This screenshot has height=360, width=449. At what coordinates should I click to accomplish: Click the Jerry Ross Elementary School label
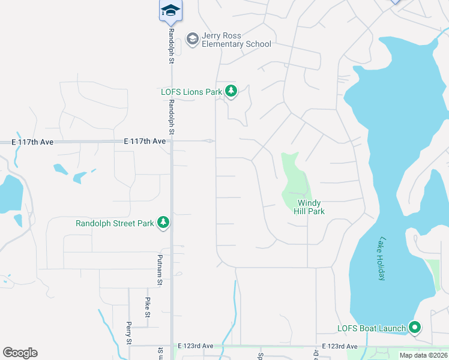click(236, 40)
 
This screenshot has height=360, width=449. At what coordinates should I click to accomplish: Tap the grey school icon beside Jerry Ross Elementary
click(193, 40)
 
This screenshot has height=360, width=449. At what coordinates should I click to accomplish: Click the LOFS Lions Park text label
click(191, 92)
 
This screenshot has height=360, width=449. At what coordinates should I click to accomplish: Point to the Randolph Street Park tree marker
click(163, 223)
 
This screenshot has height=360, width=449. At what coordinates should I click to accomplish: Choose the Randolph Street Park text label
click(115, 223)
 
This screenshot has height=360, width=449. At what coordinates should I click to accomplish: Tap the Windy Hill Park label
click(309, 207)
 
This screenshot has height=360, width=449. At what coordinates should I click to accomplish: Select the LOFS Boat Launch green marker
click(415, 328)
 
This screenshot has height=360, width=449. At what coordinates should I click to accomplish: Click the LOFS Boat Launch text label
click(370, 328)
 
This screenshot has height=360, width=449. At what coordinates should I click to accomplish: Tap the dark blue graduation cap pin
click(170, 10)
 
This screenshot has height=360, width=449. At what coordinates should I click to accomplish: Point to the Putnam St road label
click(160, 269)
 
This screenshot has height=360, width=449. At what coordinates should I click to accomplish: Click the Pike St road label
click(147, 306)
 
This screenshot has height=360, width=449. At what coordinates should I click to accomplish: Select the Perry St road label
click(128, 332)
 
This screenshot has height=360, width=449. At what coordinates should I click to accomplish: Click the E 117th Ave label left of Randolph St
click(145, 141)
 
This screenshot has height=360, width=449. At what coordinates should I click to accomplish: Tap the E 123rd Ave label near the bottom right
click(339, 346)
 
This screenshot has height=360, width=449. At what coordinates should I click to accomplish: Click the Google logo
click(20, 353)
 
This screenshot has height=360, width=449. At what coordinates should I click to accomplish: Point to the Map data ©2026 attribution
click(423, 355)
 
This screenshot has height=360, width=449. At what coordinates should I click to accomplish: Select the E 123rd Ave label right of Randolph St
click(196, 346)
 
